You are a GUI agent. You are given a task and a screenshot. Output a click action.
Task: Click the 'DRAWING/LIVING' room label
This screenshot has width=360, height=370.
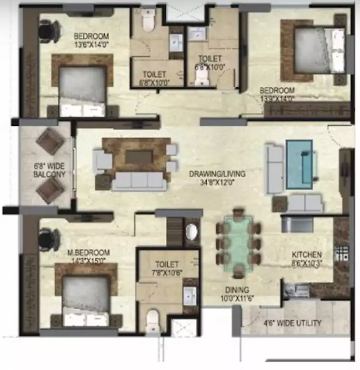pyautogui.click(x=217, y=174)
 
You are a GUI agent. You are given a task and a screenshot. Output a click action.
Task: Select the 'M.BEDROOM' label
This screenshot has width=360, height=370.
pyautogui.click(x=88, y=252)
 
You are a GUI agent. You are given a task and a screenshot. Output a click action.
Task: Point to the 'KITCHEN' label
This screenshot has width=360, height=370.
pyautogui.click(x=307, y=254)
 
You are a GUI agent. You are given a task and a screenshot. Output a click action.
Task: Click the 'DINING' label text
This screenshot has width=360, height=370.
pyautogui.click(x=236, y=290)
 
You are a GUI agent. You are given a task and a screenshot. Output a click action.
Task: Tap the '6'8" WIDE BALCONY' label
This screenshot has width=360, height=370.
pyautogui.click(x=49, y=170)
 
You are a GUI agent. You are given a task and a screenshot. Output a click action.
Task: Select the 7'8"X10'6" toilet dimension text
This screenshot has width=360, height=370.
pyautogui.click(x=167, y=273)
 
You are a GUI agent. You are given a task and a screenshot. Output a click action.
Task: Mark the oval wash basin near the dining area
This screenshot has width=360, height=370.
pyautogui.click(x=191, y=232)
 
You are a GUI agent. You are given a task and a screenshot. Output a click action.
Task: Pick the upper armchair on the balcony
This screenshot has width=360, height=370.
pyautogui.click(x=50, y=141)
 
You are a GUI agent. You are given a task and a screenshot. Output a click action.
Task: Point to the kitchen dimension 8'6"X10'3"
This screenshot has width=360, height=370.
pyautogui.click(x=307, y=263)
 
